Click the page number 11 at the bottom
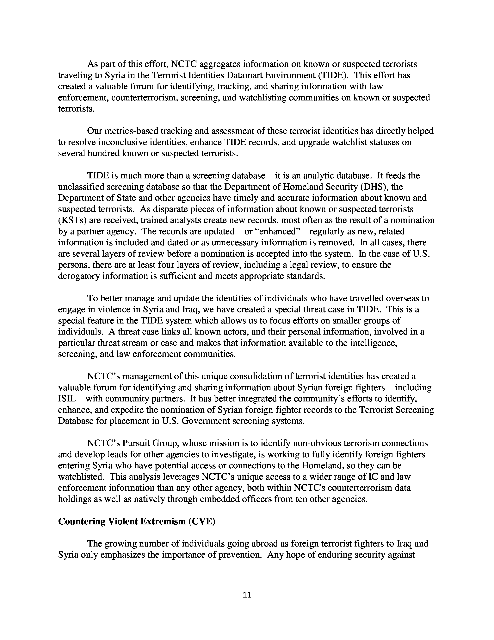pos(247,595)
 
